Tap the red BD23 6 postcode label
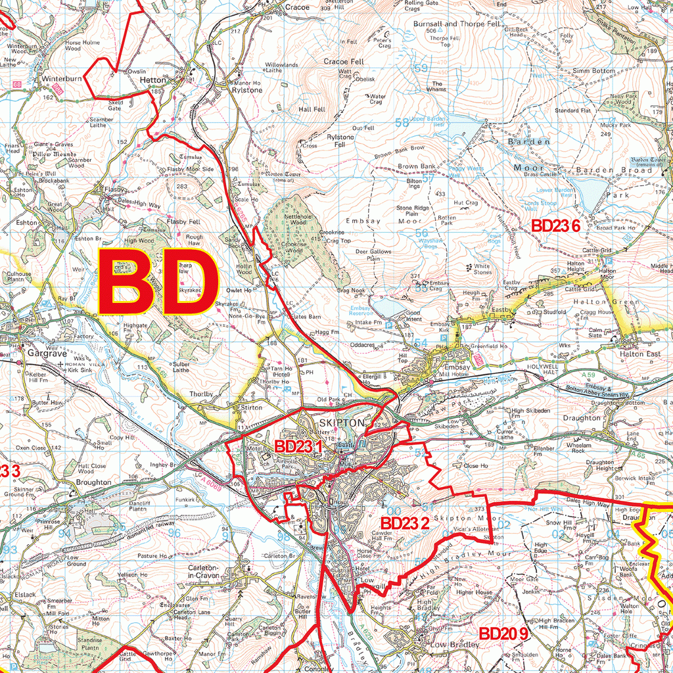click(x=555, y=226)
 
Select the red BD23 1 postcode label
click(x=299, y=446)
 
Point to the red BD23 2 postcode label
click(x=405, y=522)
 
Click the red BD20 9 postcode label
click(x=503, y=634)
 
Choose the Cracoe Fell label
click(x=344, y=61)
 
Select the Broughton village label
click(x=93, y=482)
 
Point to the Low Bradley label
click(x=455, y=645)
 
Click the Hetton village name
click(x=153, y=80)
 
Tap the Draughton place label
click(x=582, y=418)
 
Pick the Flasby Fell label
click(x=183, y=222)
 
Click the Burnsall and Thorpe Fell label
click(x=457, y=24)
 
